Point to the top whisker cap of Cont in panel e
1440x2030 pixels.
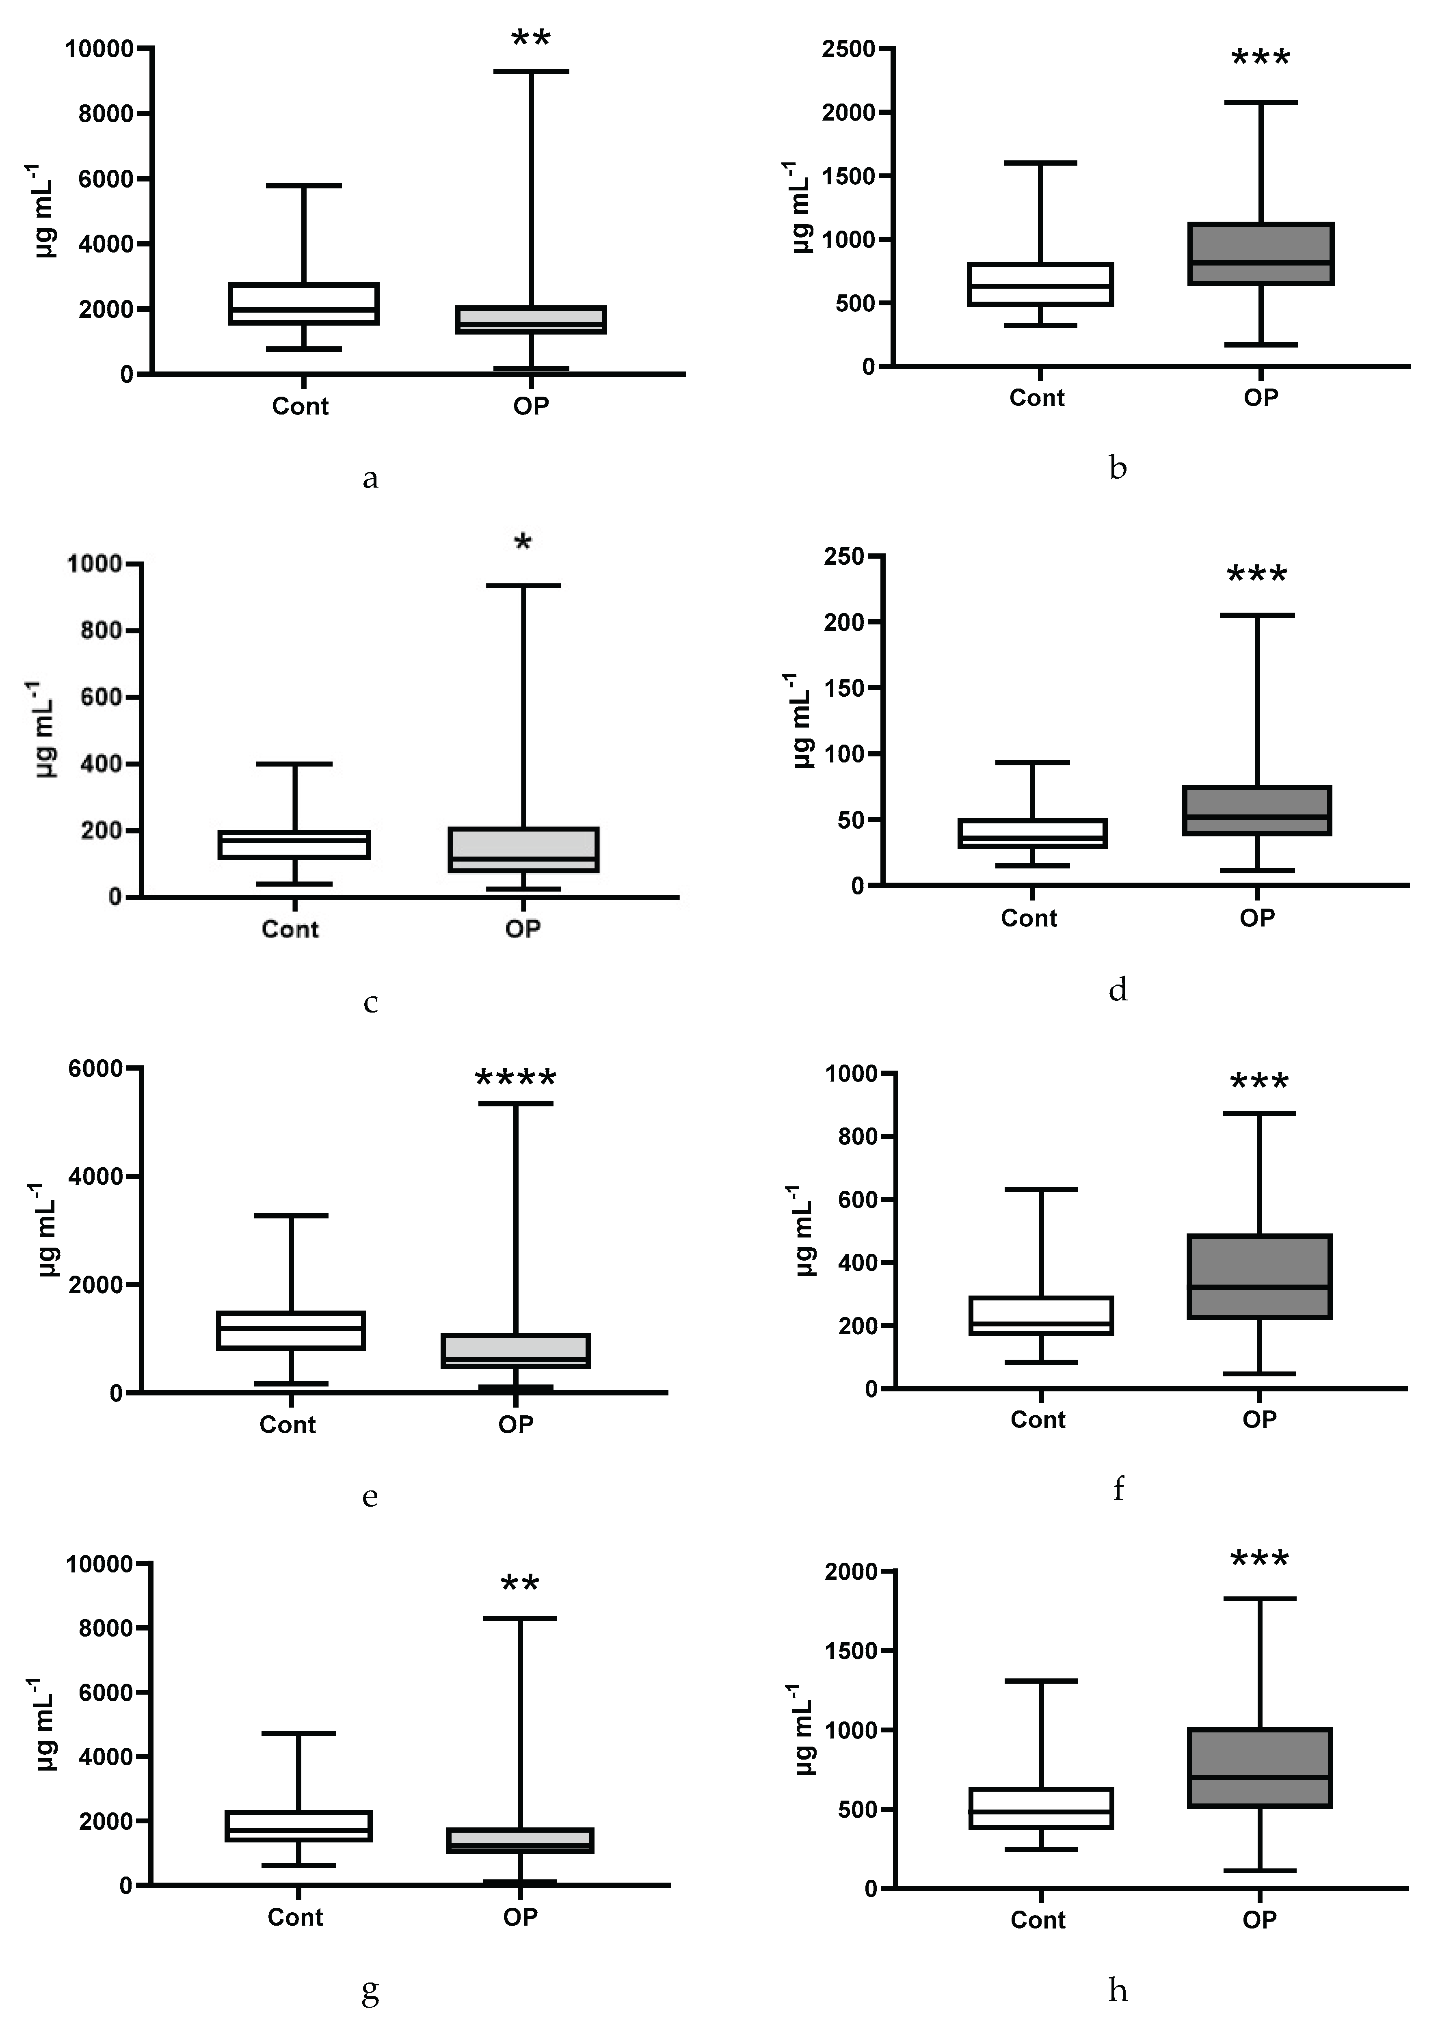[291, 1215]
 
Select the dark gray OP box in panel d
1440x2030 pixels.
[1257, 810]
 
